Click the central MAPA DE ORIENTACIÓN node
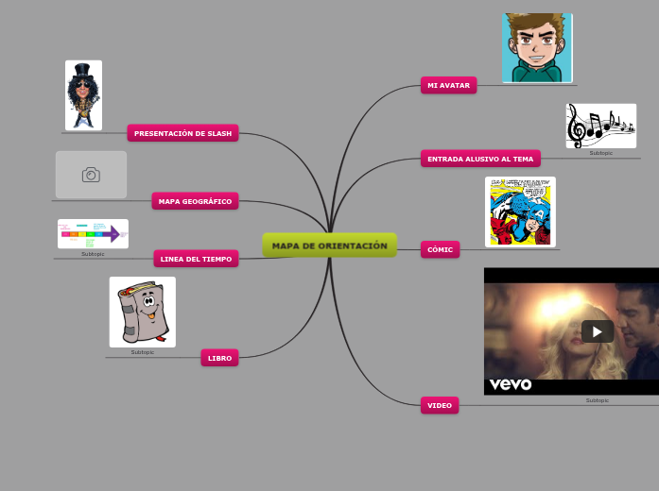(x=330, y=245)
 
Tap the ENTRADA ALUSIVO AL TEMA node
(x=480, y=159)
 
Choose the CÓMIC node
(x=440, y=249)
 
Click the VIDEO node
(x=440, y=405)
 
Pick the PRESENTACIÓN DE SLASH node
(x=182, y=133)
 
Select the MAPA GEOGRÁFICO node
(x=195, y=200)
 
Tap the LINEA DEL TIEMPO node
(x=196, y=258)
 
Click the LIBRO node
(x=219, y=358)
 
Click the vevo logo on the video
(x=511, y=384)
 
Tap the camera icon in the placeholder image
(x=91, y=175)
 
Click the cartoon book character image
(x=142, y=312)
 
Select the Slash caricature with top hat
(x=83, y=95)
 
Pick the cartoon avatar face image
(x=537, y=47)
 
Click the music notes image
(x=600, y=126)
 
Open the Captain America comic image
(x=520, y=212)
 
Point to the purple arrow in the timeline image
(x=115, y=233)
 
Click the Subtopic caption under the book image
(x=142, y=352)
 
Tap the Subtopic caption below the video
(x=598, y=400)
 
